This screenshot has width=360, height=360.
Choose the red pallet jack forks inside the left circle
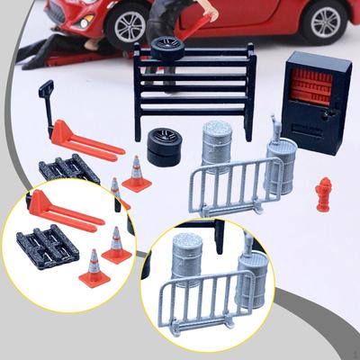click(67, 214)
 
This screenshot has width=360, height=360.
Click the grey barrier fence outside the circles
click(229, 185)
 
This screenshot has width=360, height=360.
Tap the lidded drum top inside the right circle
click(188, 242)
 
